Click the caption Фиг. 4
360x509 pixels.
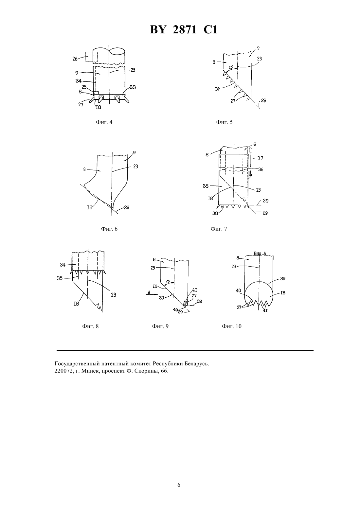(x=104, y=122)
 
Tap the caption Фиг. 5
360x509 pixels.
(x=224, y=122)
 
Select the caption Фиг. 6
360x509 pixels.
(x=109, y=229)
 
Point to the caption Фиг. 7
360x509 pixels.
(x=219, y=229)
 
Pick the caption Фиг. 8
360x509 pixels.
(x=90, y=326)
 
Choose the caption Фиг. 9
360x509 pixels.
(x=160, y=326)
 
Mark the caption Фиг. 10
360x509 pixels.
(x=232, y=326)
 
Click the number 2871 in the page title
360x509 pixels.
(x=185, y=30)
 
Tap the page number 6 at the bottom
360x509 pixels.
(x=179, y=485)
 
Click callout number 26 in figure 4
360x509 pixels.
(x=75, y=59)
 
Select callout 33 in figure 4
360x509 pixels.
(x=133, y=87)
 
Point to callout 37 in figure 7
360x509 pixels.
(x=261, y=158)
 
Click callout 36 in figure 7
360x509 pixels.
(x=261, y=169)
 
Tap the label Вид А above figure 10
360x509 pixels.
(x=260, y=254)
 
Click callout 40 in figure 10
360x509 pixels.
(x=238, y=290)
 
